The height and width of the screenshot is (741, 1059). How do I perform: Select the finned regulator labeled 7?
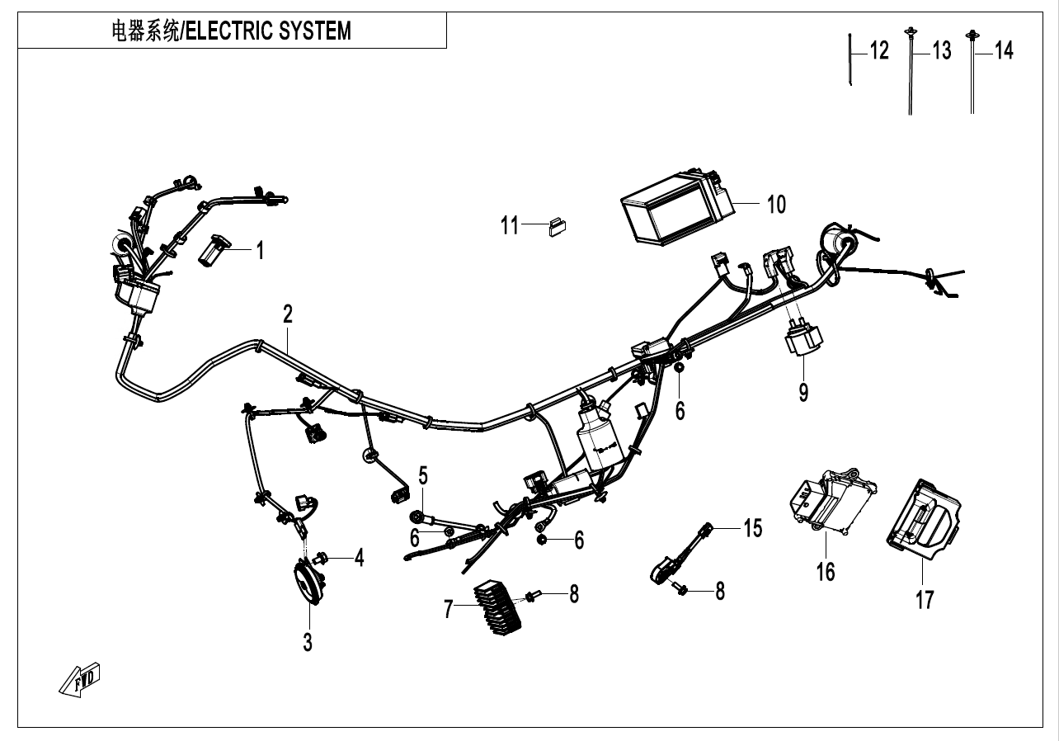pyautogui.click(x=497, y=607)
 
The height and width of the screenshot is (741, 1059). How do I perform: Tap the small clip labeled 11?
pyautogui.click(x=558, y=225)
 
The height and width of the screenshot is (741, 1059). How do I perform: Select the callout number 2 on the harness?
pyautogui.click(x=287, y=314)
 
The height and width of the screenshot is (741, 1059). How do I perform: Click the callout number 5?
pyautogui.click(x=423, y=475)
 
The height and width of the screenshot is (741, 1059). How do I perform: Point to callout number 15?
pyautogui.click(x=753, y=528)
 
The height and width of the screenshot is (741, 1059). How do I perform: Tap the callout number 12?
pyautogui.click(x=879, y=51)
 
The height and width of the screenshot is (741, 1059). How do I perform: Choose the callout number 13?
pyautogui.click(x=941, y=51)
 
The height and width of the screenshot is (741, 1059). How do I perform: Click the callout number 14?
pyautogui.click(x=1003, y=51)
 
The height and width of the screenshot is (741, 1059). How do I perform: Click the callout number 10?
pyautogui.click(x=776, y=204)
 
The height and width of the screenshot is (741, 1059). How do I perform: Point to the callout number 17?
pyautogui.click(x=925, y=600)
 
